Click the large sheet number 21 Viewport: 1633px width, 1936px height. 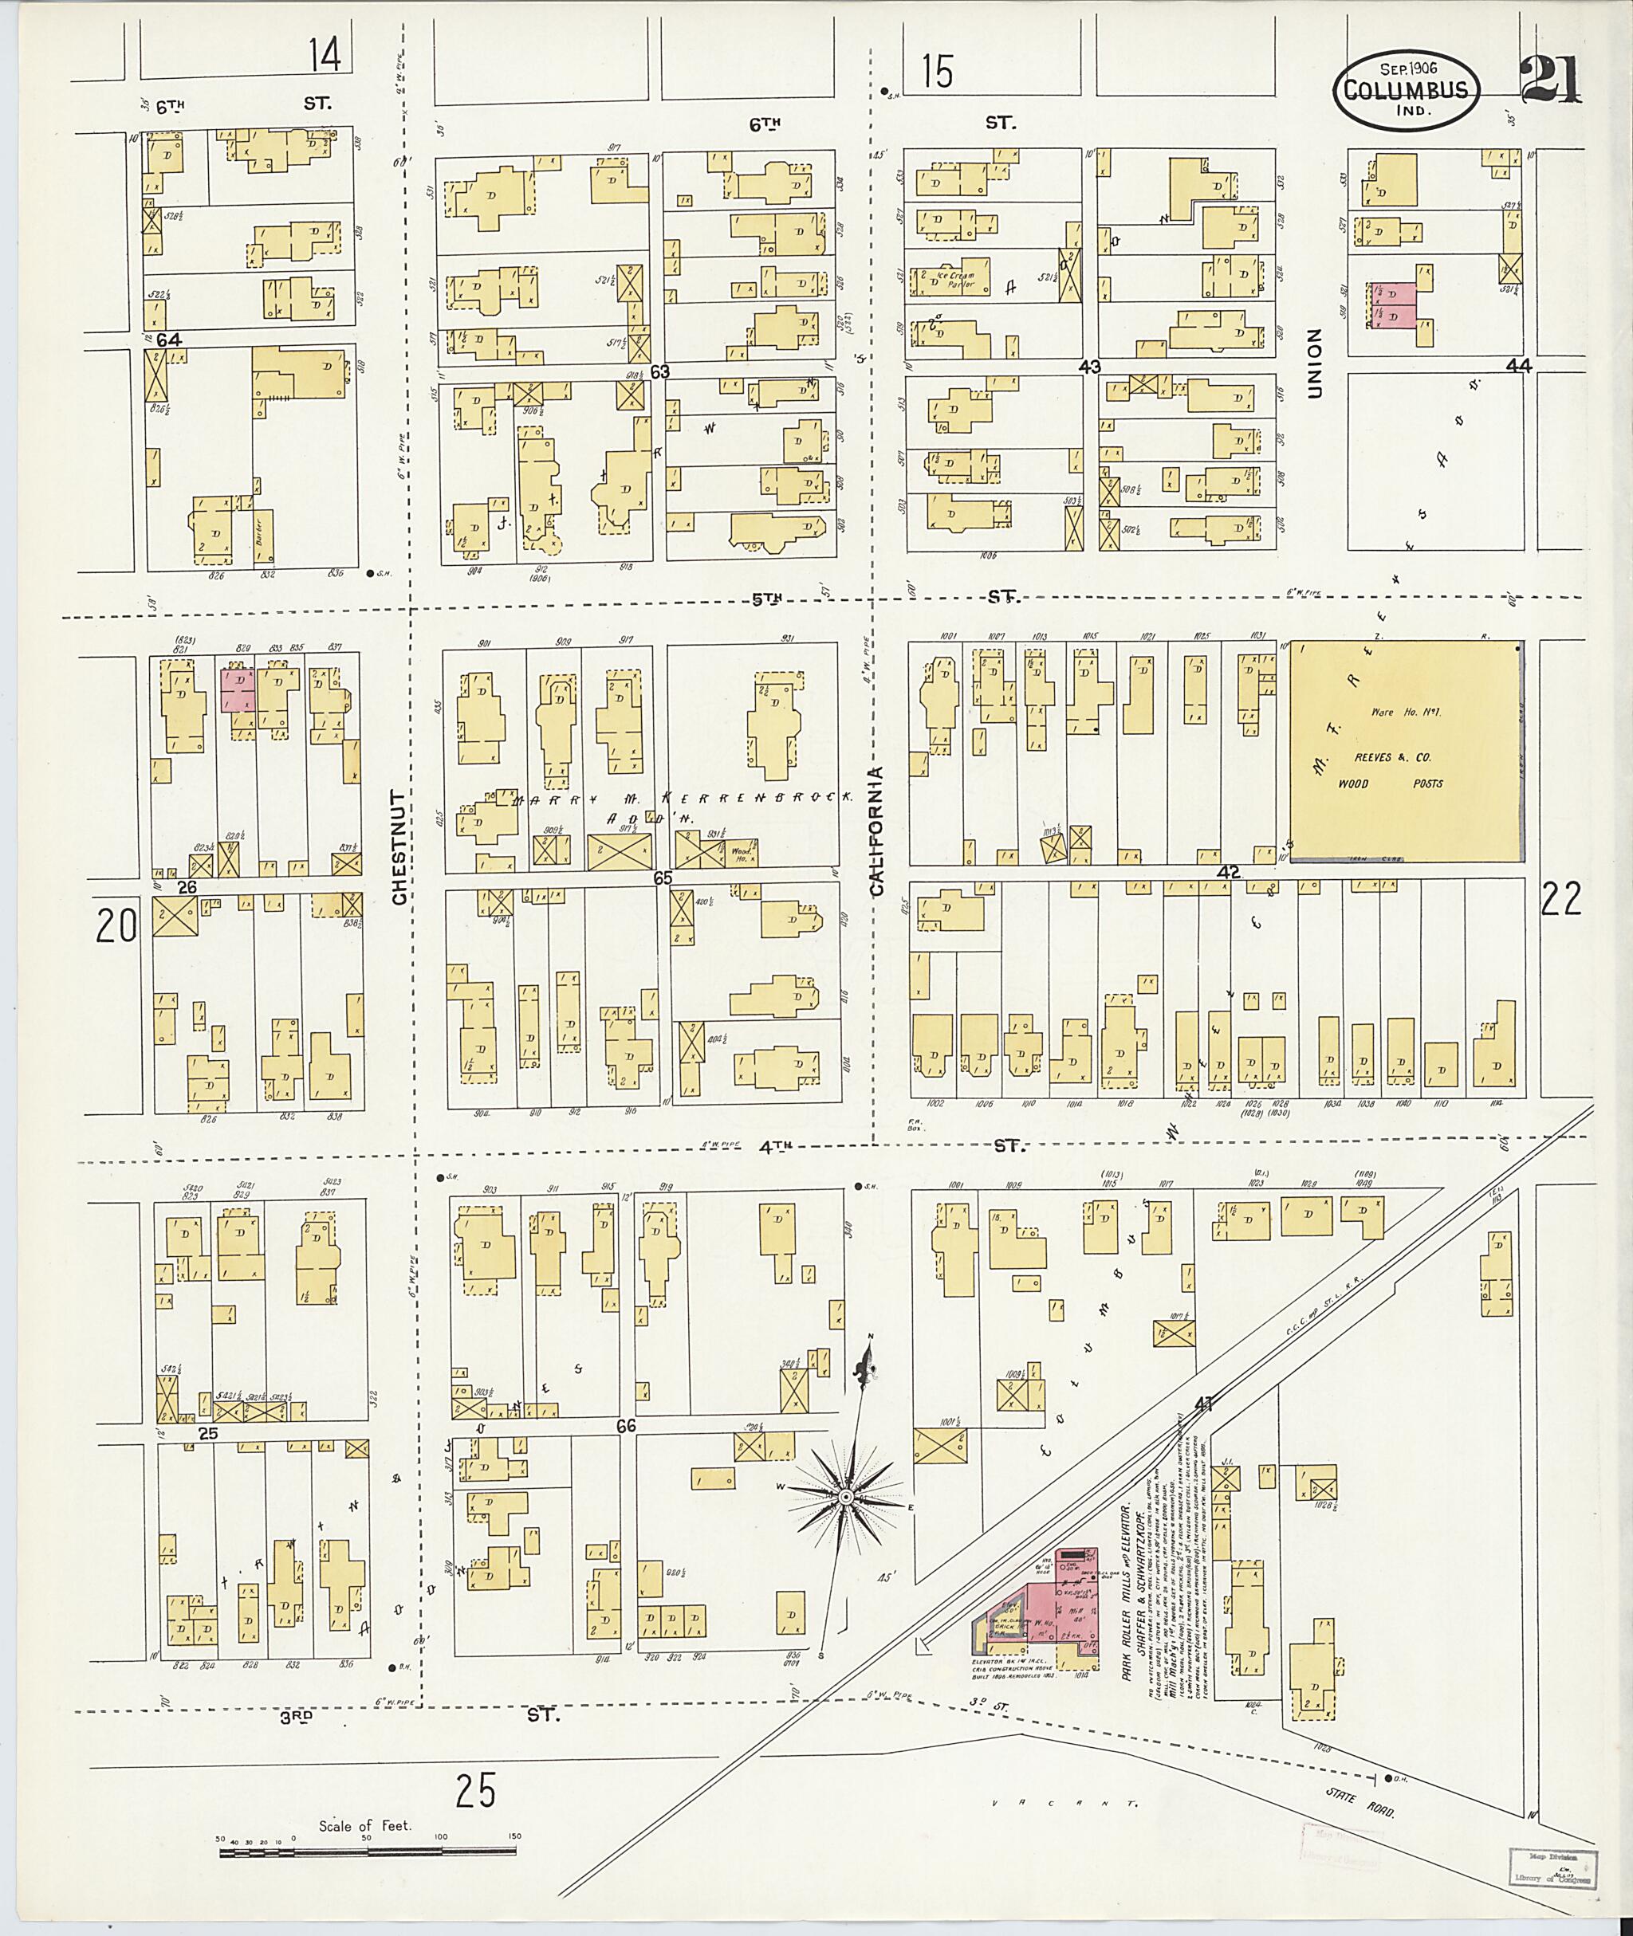tap(1551, 80)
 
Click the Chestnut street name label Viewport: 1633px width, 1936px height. tap(399, 846)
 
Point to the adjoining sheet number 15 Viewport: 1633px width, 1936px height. tap(937, 71)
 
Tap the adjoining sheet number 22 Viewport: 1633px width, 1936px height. tap(1560, 898)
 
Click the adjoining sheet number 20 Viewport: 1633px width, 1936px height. tap(116, 925)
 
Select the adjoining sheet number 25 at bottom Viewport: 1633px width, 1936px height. tap(475, 1790)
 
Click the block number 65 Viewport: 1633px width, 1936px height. tap(662, 878)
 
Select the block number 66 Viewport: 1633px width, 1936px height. tap(626, 1426)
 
